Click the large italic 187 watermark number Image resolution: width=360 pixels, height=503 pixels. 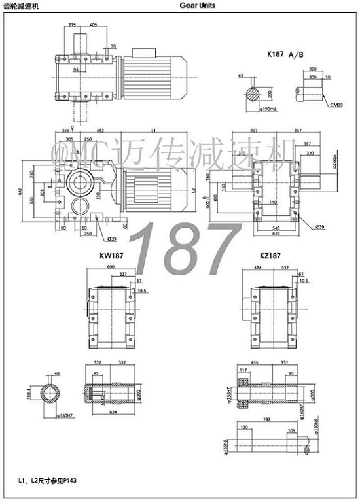(185, 249)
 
